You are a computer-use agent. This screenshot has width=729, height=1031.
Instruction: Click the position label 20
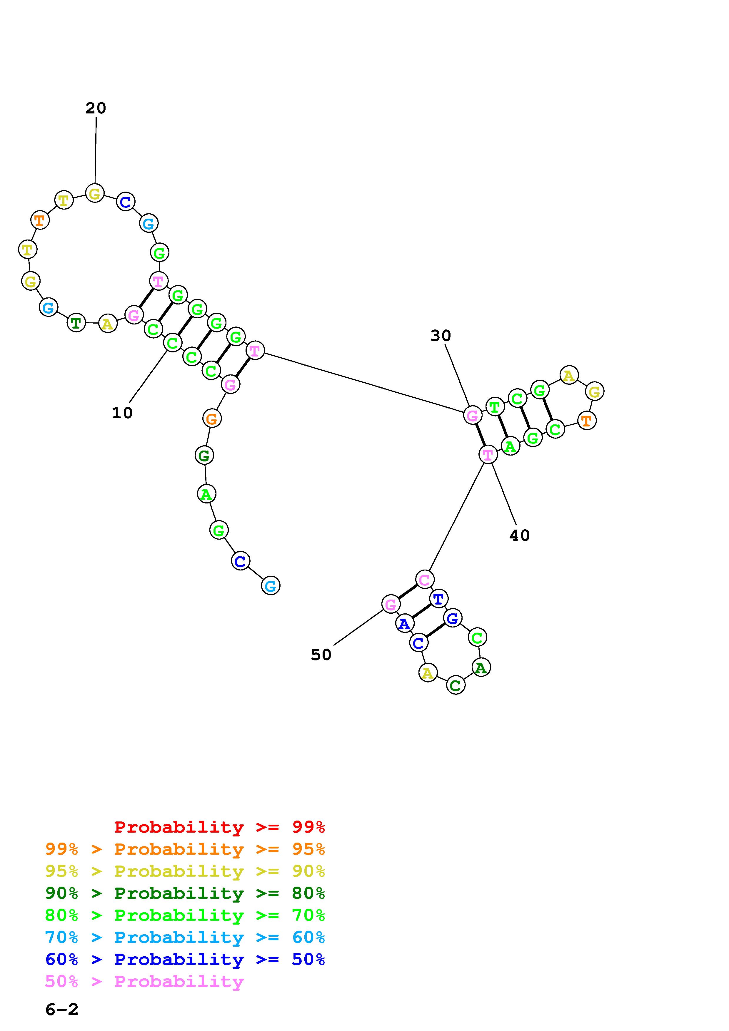(x=96, y=108)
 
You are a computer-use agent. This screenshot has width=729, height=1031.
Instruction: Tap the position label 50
(x=321, y=655)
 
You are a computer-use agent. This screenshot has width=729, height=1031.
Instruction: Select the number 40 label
(x=519, y=535)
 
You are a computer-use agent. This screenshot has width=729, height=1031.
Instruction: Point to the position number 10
(x=122, y=413)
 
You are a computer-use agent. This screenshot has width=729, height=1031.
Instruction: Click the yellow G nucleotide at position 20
(x=95, y=194)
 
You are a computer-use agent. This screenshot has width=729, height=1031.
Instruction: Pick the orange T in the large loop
(x=40, y=220)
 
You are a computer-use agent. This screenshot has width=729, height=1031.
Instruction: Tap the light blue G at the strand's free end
(x=271, y=585)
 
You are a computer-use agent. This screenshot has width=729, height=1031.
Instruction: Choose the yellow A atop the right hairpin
(x=569, y=375)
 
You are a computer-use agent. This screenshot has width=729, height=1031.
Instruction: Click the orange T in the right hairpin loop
(x=587, y=421)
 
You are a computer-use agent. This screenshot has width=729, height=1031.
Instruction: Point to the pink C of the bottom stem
(x=424, y=580)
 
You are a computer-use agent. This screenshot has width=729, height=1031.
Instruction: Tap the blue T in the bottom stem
(x=438, y=599)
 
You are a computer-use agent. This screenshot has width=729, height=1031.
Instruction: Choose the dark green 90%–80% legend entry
(x=185, y=893)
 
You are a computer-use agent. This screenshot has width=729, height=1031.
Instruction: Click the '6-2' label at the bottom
(x=62, y=1010)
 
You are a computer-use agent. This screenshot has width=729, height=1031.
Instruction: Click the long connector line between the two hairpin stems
(x=364, y=382)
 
